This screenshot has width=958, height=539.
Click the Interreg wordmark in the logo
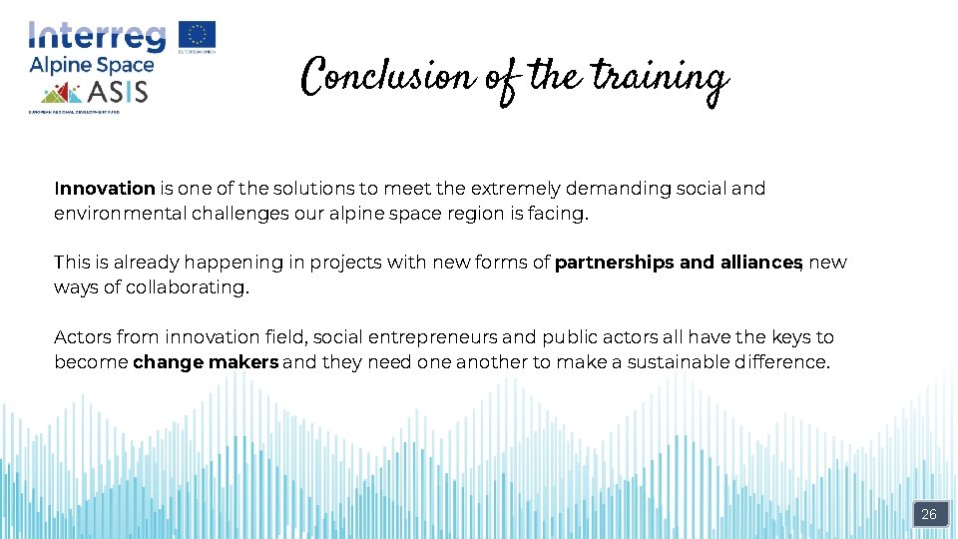click(x=98, y=37)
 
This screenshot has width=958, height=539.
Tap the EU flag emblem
click(x=197, y=35)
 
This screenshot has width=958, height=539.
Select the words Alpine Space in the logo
click(x=91, y=67)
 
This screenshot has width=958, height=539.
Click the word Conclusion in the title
click(x=387, y=76)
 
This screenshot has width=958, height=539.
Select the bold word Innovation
click(x=105, y=189)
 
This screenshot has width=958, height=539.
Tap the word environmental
click(x=119, y=213)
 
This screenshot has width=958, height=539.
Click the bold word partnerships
click(x=614, y=263)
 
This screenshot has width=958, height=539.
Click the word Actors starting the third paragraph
click(x=82, y=337)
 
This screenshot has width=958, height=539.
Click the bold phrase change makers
click(x=206, y=362)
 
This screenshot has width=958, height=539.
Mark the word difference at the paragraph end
click(x=782, y=362)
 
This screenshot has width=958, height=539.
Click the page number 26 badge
click(x=929, y=515)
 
